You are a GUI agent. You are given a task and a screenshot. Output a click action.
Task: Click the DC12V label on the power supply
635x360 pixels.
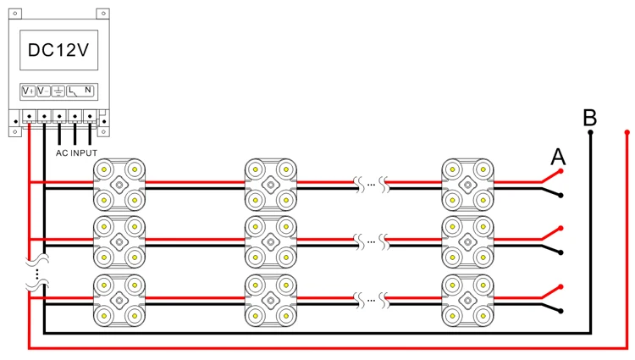pyautogui.click(x=58, y=50)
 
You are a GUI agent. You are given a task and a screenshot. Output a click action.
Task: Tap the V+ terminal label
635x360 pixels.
pyautogui.click(x=28, y=91)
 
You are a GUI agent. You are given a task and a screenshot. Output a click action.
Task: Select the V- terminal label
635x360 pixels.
pyautogui.click(x=43, y=91)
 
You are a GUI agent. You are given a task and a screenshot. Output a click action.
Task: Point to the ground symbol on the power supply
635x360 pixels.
pyautogui.click(x=58, y=91)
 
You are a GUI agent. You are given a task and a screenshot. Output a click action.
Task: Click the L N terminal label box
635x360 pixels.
pyautogui.click(x=80, y=91)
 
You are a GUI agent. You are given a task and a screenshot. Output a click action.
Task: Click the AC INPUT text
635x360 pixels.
pyautogui.click(x=76, y=153)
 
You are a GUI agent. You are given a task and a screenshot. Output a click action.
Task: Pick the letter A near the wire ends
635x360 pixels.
pyautogui.click(x=558, y=157)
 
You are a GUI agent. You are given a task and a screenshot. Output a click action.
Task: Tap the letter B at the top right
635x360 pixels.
pyautogui.click(x=590, y=118)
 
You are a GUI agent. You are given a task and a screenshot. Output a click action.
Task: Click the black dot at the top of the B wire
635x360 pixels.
pyautogui.click(x=590, y=133)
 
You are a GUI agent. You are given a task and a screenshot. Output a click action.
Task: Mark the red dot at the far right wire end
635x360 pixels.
pyautogui.click(x=627, y=133)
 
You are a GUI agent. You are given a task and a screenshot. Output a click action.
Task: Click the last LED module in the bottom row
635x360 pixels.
pyautogui.click(x=467, y=300)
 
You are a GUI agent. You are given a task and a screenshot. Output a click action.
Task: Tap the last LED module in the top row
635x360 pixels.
pyautogui.click(x=467, y=184)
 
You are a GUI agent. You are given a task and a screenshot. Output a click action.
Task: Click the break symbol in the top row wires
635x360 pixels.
pyautogui.click(x=371, y=184)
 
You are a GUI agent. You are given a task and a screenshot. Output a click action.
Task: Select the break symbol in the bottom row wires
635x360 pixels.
pyautogui.click(x=371, y=300)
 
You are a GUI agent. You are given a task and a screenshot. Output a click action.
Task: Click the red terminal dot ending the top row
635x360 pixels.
pyautogui.click(x=561, y=171)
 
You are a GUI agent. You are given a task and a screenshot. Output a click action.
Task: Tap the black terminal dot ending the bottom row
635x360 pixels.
pyautogui.click(x=561, y=311)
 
